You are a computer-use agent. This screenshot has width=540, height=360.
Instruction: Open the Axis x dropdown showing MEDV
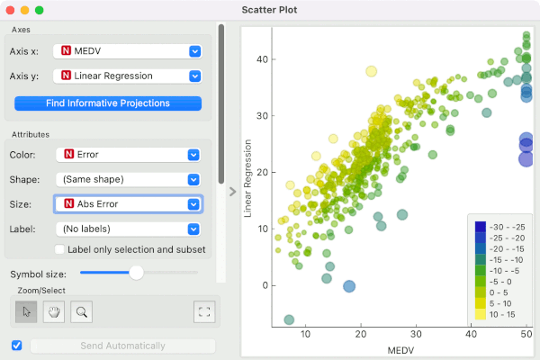point(127,51)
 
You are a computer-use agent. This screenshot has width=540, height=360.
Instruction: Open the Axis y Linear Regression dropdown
point(127,76)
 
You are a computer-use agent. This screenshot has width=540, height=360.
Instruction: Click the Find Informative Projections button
point(108,103)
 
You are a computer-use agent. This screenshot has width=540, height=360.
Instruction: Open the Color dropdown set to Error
point(128,155)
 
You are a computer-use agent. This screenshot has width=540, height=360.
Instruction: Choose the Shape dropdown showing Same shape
point(128,179)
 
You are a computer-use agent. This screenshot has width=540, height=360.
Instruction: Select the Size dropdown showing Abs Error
point(128,204)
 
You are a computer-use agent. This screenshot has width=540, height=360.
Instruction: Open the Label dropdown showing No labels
point(128,229)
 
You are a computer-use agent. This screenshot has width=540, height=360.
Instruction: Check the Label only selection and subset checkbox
point(59,249)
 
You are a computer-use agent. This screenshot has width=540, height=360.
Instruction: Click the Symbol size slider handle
point(137,273)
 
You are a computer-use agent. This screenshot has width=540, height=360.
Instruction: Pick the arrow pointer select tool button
point(26,311)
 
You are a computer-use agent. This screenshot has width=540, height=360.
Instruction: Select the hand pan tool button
point(54,311)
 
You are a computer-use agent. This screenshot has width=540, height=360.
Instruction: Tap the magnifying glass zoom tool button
point(81,311)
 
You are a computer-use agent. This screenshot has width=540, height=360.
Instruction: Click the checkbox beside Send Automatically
point(16,346)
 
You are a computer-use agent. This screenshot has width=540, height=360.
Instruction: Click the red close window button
point(10,10)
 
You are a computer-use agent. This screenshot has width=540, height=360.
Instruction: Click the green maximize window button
point(40,10)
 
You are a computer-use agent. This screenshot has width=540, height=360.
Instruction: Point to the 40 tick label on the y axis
point(262,59)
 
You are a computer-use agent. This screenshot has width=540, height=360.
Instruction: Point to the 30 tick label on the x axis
point(416,334)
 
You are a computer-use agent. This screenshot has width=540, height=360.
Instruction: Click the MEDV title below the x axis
point(400,350)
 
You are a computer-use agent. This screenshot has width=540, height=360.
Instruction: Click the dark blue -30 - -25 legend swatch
point(481,227)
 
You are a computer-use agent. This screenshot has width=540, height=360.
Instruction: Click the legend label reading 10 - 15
point(502,314)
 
